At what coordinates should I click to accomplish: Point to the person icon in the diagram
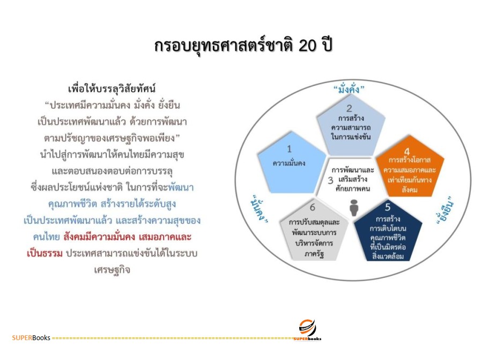click(353, 208)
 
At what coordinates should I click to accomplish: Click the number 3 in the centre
click(331, 180)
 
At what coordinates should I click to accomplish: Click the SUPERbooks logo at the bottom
click(307, 328)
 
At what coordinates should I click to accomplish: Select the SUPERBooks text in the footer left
click(31, 338)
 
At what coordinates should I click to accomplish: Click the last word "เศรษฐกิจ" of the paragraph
click(112, 269)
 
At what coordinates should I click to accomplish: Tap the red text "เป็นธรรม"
click(45, 253)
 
